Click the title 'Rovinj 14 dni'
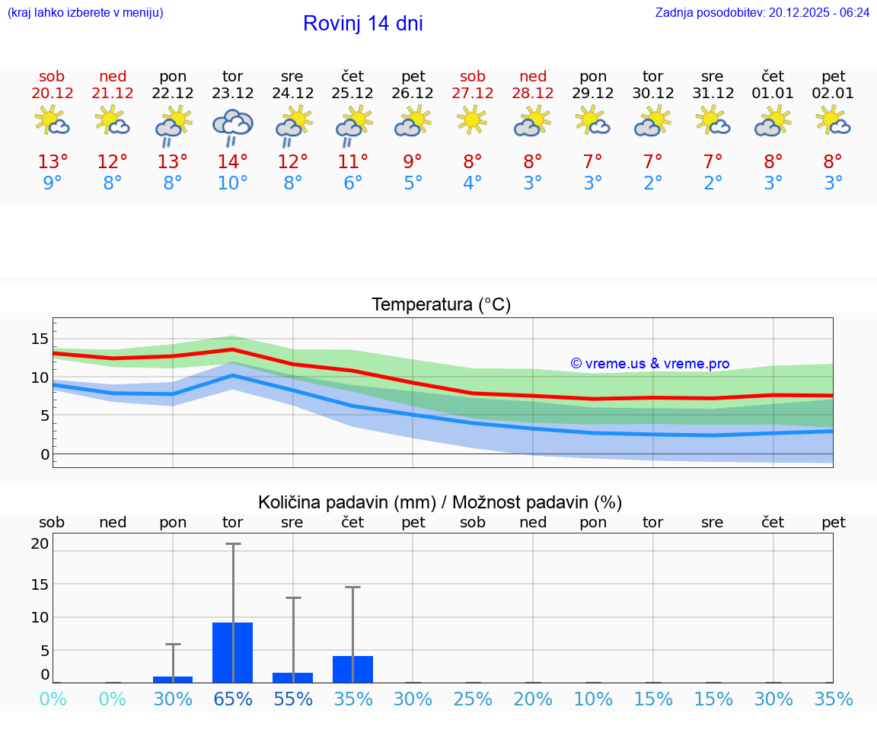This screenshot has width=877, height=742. pyautogui.click(x=362, y=24)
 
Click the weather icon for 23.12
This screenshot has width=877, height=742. pyautogui.click(x=232, y=125)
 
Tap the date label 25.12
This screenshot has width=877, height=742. pyautogui.click(x=352, y=94)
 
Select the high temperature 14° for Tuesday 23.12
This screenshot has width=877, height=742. pyautogui.click(x=232, y=161)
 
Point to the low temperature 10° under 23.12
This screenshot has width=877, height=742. pyautogui.click(x=232, y=183)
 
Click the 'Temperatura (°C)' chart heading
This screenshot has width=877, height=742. pyautogui.click(x=441, y=305)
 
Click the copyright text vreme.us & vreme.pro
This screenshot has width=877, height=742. pyautogui.click(x=649, y=364)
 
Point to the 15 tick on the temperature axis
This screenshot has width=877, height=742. pyautogui.click(x=40, y=339)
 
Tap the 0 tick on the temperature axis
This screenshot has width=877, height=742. pyautogui.click(x=44, y=454)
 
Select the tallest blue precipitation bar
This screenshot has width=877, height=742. pyautogui.click(x=232, y=652)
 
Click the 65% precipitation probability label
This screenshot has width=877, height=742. pyautogui.click(x=232, y=699)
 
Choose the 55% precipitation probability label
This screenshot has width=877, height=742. pyautogui.click(x=292, y=699)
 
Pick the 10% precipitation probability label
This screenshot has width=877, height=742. pyautogui.click(x=593, y=699)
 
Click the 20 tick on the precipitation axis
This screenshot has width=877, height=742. pyautogui.click(x=40, y=543)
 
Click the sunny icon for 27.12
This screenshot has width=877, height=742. pyautogui.click(x=473, y=119)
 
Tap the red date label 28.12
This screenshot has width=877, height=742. pyautogui.click(x=533, y=94)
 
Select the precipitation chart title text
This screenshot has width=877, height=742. pyautogui.click(x=440, y=502)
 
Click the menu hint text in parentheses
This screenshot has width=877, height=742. pyautogui.click(x=85, y=13)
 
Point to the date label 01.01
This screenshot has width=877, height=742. pyautogui.click(x=773, y=94)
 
